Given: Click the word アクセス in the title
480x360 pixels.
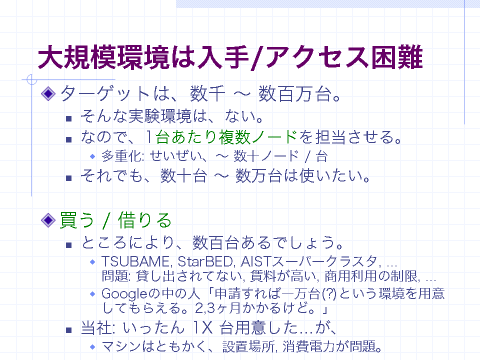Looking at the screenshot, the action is (x=317, y=57).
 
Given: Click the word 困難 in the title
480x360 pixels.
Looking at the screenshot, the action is (x=397, y=57).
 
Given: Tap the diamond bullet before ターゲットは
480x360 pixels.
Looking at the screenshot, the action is (x=48, y=93).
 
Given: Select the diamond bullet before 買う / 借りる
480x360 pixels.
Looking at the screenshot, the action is (x=48, y=220).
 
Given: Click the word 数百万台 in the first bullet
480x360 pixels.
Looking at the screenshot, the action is (x=295, y=93).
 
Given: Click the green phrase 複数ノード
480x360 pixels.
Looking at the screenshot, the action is (x=258, y=137).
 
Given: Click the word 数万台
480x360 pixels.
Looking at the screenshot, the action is (x=259, y=176).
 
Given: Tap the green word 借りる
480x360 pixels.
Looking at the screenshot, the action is (x=144, y=220).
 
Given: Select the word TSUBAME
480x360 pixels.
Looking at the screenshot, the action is (x=134, y=261).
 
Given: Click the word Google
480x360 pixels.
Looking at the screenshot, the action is (x=124, y=294).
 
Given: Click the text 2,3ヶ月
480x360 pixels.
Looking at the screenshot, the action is (x=217, y=308).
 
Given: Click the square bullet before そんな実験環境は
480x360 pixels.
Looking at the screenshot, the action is (x=69, y=118).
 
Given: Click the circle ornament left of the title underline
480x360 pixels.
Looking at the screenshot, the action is (x=32, y=79).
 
